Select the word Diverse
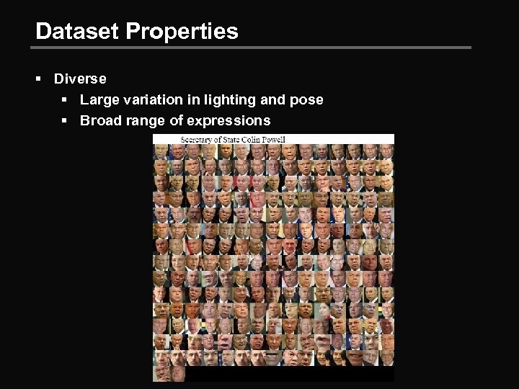(80, 79)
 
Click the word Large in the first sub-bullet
(99, 99)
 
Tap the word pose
(306, 99)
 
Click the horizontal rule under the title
(252, 48)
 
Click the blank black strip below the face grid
(288, 375)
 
